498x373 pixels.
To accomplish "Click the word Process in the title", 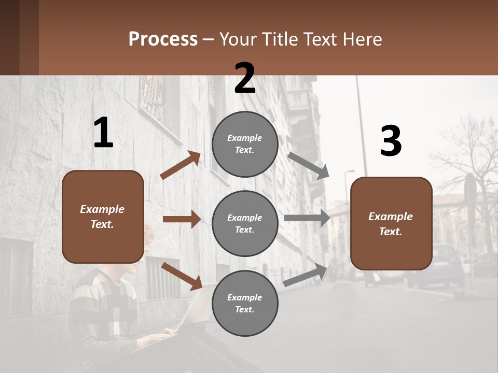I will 163,39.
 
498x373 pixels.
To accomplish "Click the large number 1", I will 103,133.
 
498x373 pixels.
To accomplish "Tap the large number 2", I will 245,78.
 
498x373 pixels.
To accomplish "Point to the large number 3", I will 391,141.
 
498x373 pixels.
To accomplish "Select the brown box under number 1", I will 103,217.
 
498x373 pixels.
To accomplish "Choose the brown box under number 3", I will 391,224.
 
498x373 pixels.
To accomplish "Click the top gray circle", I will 245,144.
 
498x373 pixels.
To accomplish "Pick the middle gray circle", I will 245,223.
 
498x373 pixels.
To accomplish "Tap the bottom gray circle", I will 245,303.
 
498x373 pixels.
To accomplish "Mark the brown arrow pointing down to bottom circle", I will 182,276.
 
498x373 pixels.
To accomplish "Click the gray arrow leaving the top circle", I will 308,165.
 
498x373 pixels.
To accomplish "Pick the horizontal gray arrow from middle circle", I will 307,218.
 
